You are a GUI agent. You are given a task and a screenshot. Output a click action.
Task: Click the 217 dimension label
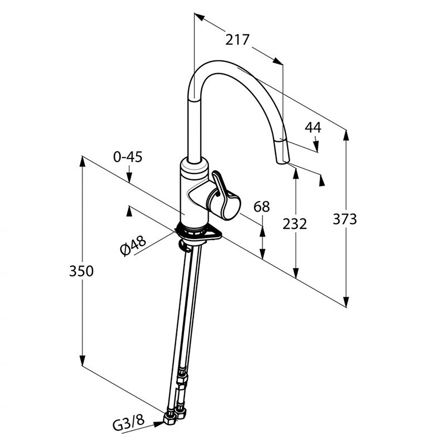coord(237,40)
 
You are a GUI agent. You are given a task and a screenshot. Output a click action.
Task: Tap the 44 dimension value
coord(313,127)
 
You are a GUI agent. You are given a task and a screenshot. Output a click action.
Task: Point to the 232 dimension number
coord(295,223)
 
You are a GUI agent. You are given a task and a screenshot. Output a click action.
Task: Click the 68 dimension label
coord(262,206)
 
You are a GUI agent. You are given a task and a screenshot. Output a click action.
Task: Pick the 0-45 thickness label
coord(128,157)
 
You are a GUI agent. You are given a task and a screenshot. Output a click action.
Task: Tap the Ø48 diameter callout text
coord(132,245)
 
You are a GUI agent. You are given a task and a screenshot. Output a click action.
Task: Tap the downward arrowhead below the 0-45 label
coord(128,179)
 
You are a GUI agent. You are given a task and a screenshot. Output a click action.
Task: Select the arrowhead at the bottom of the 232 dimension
coord(296,272)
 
